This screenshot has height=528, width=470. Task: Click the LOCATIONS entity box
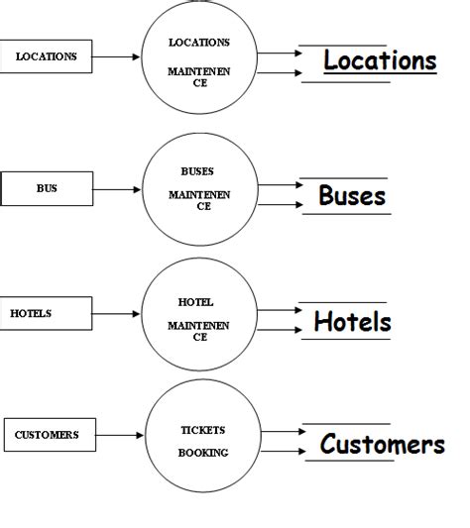click(47, 56)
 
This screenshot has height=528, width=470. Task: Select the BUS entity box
click(47, 187)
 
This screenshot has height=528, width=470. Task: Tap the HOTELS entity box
click(47, 313)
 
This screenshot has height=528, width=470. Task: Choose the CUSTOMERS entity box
click(49, 434)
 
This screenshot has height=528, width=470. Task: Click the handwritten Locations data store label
click(380, 60)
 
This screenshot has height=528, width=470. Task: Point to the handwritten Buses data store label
click(352, 195)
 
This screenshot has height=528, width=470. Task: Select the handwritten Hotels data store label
click(352, 322)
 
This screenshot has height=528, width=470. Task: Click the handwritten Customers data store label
click(382, 445)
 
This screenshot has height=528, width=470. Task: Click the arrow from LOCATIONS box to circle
click(116, 56)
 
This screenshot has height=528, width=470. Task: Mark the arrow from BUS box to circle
click(118, 187)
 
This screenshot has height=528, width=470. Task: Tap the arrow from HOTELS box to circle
click(118, 314)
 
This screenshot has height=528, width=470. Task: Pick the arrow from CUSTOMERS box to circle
click(120, 434)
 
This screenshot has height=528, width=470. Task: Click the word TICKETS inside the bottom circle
click(202, 430)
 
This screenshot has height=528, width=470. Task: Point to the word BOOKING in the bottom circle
click(202, 452)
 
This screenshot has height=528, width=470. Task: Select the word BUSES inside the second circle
click(197, 171)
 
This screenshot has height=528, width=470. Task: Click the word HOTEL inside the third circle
click(195, 302)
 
